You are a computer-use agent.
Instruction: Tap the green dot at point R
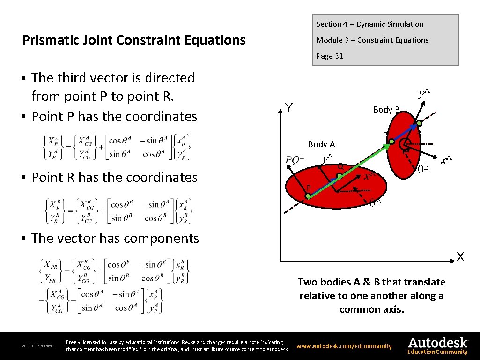(391, 142)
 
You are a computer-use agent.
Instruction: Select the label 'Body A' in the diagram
(321, 144)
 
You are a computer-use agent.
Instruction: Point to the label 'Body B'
(386, 110)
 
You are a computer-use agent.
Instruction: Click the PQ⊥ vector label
(295, 160)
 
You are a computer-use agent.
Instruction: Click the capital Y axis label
(289, 108)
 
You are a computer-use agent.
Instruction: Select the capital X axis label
(461, 257)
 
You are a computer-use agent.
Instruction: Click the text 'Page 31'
(330, 56)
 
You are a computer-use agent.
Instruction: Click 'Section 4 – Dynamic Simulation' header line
(369, 24)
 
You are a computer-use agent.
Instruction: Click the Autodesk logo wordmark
(437, 342)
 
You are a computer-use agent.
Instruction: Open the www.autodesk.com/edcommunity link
(344, 346)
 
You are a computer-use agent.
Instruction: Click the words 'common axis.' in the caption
(371, 309)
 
